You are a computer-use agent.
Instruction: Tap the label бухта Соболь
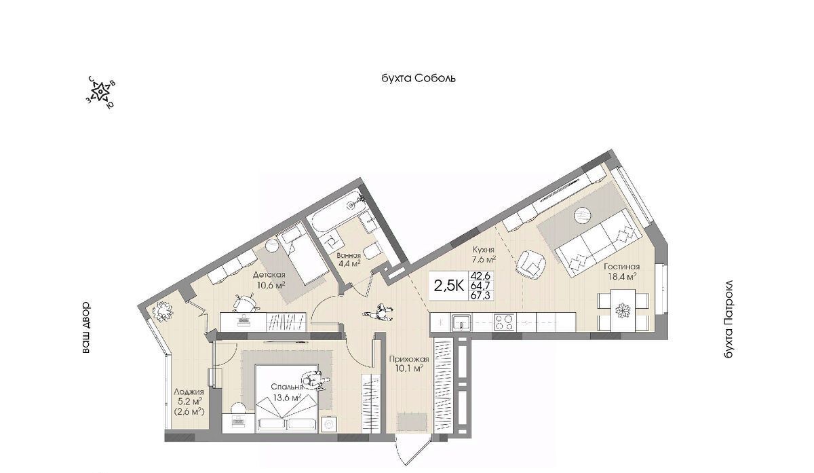pos(419,78)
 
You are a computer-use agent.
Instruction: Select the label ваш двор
pos(85,327)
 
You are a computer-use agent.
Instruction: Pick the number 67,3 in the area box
pos(480,296)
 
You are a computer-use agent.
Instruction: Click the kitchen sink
pos(461,322)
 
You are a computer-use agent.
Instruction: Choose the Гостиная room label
pos(622,267)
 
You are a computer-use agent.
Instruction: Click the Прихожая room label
pos(409,359)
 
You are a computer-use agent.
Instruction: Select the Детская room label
pos(269,275)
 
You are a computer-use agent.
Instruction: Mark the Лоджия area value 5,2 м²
pos(190,402)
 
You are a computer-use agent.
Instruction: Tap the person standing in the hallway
pos(379,312)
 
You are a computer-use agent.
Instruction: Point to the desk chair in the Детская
pos(246,303)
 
